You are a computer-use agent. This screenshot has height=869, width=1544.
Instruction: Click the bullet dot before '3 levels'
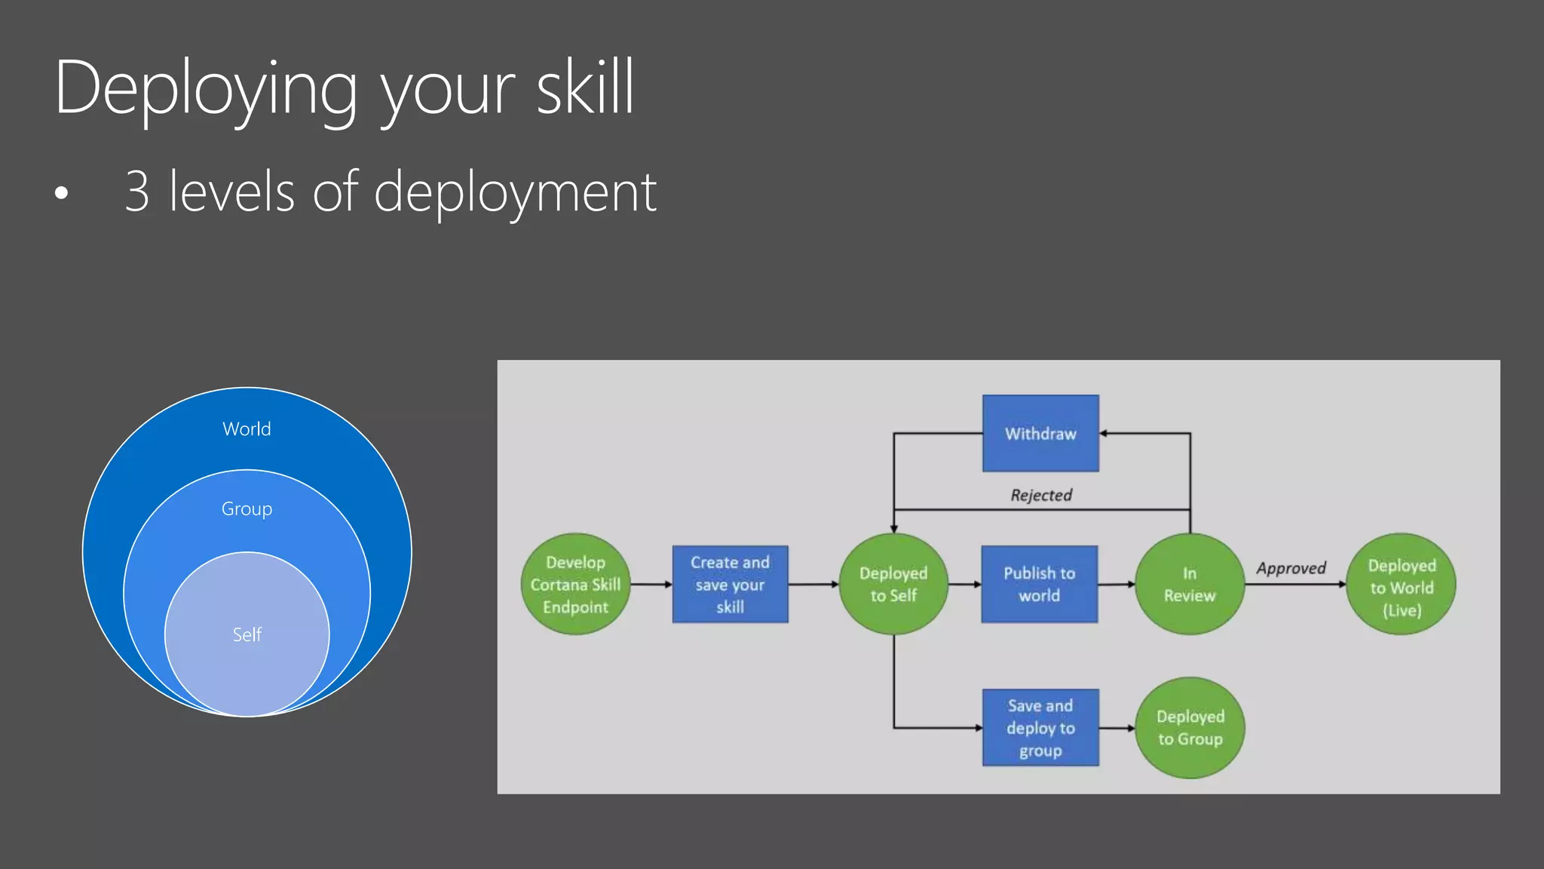62,193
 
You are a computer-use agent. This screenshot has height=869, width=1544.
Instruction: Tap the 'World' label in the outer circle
247,429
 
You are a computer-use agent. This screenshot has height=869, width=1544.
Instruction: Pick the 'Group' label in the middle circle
247,509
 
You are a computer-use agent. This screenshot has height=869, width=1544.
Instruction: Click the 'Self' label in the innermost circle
247,635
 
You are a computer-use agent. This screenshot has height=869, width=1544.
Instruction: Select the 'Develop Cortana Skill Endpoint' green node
575,585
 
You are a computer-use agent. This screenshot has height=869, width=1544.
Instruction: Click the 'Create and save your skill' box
730,585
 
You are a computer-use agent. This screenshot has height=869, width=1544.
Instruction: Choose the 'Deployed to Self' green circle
893,585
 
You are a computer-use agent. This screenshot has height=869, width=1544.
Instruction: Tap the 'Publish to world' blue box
1039,585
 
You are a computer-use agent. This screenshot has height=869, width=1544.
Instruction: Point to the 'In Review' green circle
1189,585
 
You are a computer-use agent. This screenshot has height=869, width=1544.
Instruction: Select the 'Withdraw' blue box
1040,434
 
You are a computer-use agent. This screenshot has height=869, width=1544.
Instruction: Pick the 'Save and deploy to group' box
1040,728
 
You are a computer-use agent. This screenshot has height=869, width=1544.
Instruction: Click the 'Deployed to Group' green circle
1190,728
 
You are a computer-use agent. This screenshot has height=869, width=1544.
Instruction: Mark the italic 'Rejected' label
1041,495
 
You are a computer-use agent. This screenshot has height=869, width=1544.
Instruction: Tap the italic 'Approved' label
1291,568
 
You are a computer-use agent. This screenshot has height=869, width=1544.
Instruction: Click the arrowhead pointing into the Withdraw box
1104,434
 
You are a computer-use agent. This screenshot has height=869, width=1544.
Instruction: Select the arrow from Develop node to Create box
651,585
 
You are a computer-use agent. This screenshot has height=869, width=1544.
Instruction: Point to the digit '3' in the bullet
137,192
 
